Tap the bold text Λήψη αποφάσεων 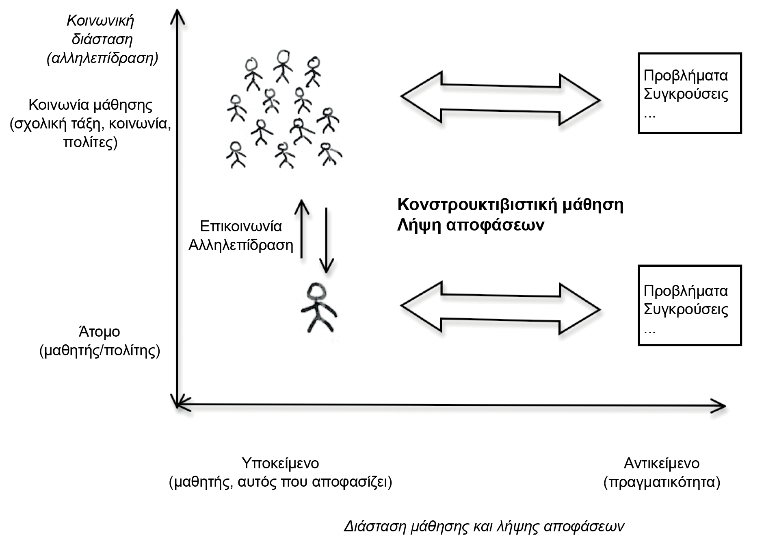point(470,225)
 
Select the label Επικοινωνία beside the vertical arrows point(241,226)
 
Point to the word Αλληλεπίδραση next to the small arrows point(241,245)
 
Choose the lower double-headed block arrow point(500,308)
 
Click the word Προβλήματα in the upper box point(686,76)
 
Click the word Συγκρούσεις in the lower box point(686,309)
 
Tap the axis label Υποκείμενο point(280,463)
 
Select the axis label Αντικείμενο point(662,463)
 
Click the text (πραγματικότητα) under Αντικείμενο point(662,482)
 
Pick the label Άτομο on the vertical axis point(100,332)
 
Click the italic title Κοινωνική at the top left point(100,20)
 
